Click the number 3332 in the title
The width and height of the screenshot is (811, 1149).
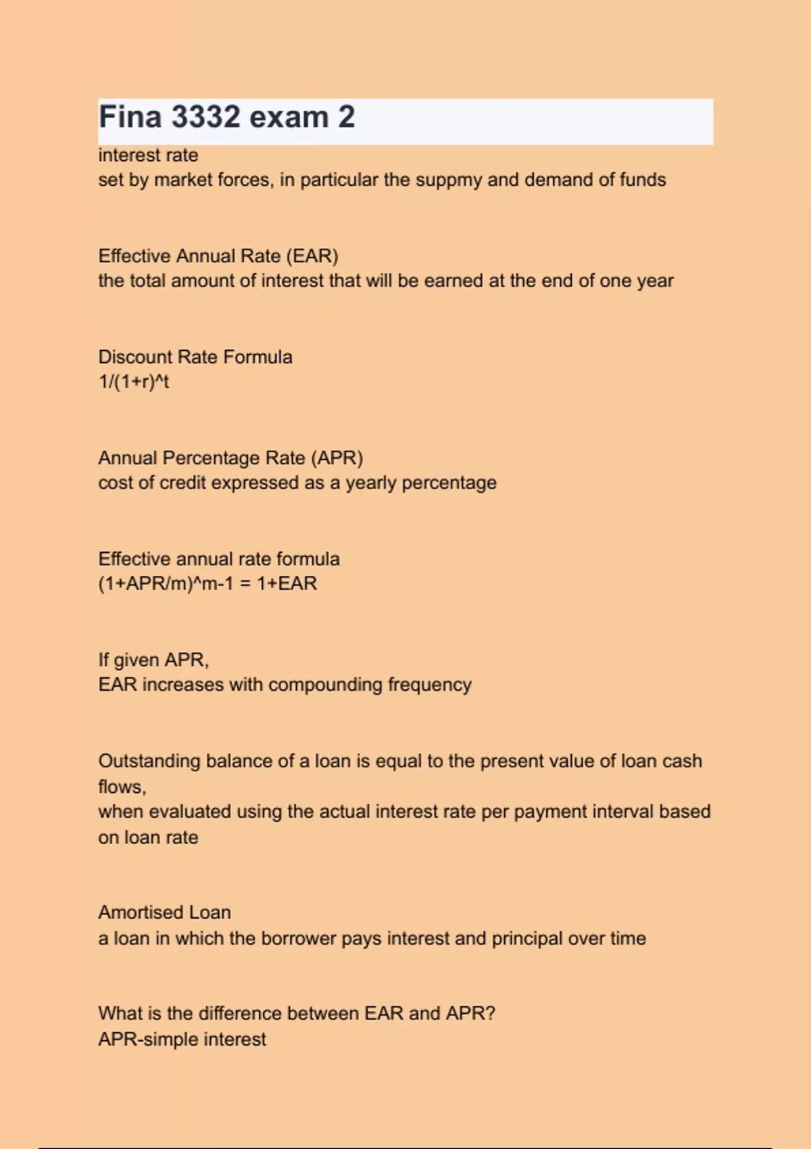(x=205, y=117)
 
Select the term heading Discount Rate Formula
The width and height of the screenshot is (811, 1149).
(x=195, y=357)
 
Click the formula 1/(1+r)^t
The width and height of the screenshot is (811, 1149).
(x=134, y=382)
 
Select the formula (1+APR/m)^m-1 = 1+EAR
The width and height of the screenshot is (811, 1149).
(x=207, y=583)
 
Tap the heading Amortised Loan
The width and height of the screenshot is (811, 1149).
(x=164, y=912)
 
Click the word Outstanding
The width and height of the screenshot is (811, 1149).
(x=149, y=761)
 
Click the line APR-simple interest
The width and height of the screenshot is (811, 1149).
(x=182, y=1039)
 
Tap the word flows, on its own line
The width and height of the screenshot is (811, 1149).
(x=122, y=787)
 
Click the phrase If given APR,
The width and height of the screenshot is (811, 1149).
(x=153, y=660)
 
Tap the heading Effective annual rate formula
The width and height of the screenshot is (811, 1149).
(x=219, y=559)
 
